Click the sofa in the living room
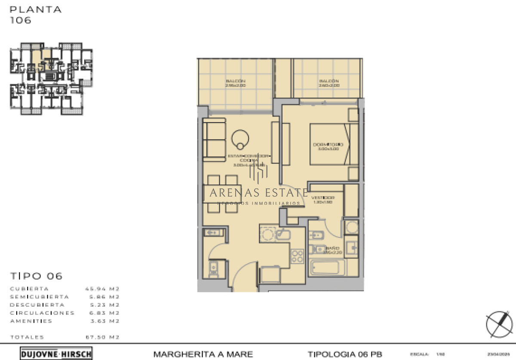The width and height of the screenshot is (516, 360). [x=214, y=138]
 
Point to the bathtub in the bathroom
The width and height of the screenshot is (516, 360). [x=327, y=268]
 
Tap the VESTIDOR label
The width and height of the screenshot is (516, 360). [x=323, y=197]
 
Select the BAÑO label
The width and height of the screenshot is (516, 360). [x=332, y=248]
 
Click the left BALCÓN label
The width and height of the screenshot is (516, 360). [x=235, y=81]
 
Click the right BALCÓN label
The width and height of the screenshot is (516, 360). [x=329, y=81]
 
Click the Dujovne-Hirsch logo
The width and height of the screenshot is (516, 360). [x=56, y=354]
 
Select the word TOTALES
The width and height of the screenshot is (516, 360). [x=27, y=337]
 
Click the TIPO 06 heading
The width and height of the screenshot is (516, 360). [x=36, y=276]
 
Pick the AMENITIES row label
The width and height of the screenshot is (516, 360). [x=31, y=321]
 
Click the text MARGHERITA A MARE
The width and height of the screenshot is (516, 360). [x=203, y=354]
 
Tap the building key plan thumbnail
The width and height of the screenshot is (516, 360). [x=51, y=79]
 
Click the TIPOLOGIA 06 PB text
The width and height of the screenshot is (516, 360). [x=344, y=354]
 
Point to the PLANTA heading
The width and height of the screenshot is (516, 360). [x=36, y=9]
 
